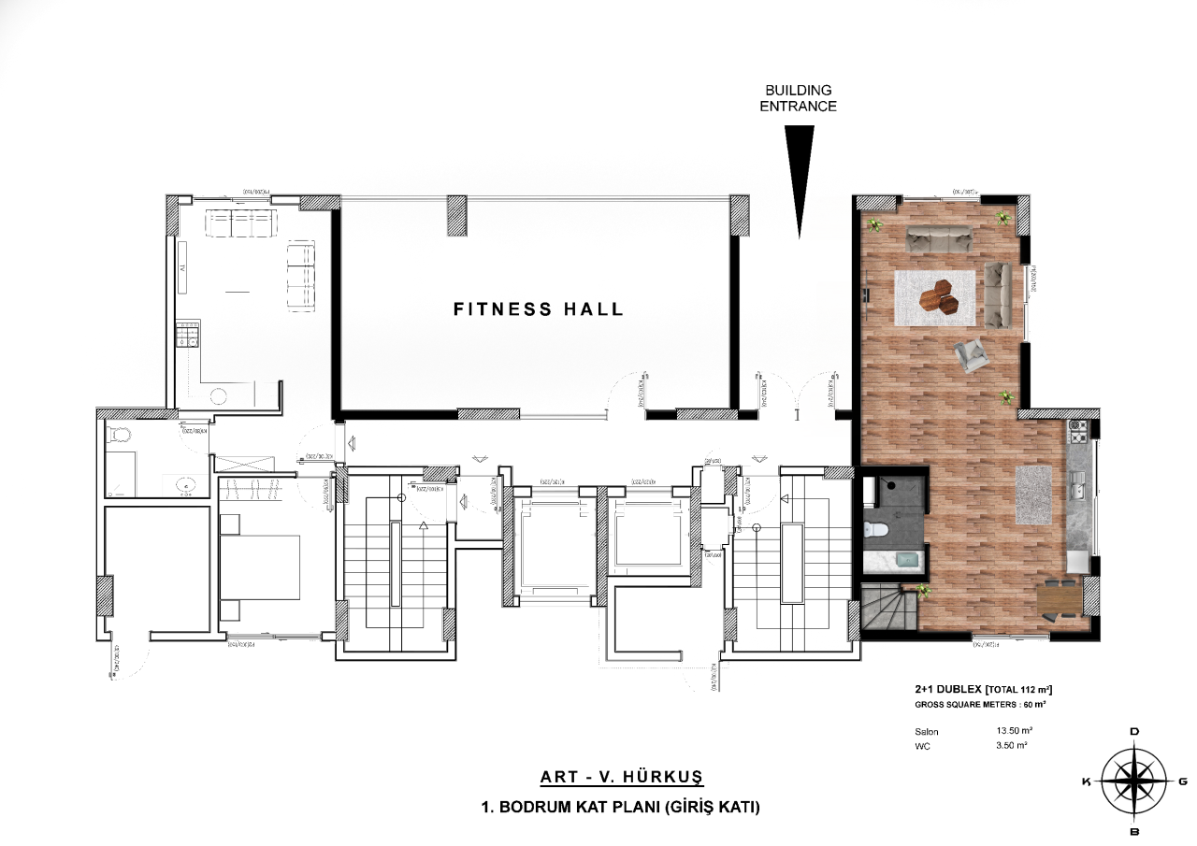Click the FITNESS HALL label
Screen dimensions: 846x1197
(538, 309)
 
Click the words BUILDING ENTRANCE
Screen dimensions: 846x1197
(799, 98)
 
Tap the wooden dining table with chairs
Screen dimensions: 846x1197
(1059, 598)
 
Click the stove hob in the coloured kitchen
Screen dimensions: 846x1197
(1077, 432)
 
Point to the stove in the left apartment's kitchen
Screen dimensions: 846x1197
(188, 335)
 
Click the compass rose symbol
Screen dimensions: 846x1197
(1133, 781)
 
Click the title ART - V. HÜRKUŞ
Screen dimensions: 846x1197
(621, 777)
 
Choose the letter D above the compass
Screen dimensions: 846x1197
(1134, 731)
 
